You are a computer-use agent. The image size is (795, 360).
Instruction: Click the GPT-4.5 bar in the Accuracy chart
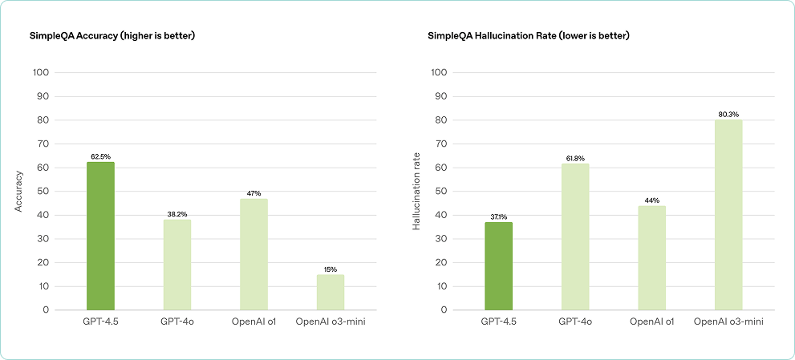[100, 236]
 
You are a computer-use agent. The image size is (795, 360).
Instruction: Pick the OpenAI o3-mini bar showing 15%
[331, 292]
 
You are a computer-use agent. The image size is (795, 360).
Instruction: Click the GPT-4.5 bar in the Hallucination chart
[498, 265]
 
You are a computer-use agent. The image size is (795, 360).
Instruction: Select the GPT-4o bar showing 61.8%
[575, 237]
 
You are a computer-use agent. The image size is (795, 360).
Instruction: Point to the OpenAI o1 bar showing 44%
[651, 257]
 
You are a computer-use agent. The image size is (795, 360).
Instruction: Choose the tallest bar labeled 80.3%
[728, 215]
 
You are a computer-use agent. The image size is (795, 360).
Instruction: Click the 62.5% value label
[100, 156]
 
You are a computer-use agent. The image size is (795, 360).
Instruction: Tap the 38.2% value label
[177, 214]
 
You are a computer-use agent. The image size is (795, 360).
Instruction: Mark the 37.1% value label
[498, 216]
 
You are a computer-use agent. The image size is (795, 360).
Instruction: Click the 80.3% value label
[728, 114]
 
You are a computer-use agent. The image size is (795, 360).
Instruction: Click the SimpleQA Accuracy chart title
[112, 35]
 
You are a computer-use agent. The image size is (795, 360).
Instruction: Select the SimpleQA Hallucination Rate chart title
[529, 35]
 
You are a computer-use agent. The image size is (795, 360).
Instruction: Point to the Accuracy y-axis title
[18, 191]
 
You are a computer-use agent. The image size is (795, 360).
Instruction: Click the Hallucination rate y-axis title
[416, 191]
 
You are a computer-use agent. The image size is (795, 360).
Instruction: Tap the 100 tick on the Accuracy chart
[41, 72]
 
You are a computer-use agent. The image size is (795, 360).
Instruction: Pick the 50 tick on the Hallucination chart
[439, 191]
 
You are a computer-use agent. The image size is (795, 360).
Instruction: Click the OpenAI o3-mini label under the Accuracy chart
[331, 322]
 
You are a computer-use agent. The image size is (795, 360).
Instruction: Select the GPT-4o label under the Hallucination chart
[575, 322]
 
